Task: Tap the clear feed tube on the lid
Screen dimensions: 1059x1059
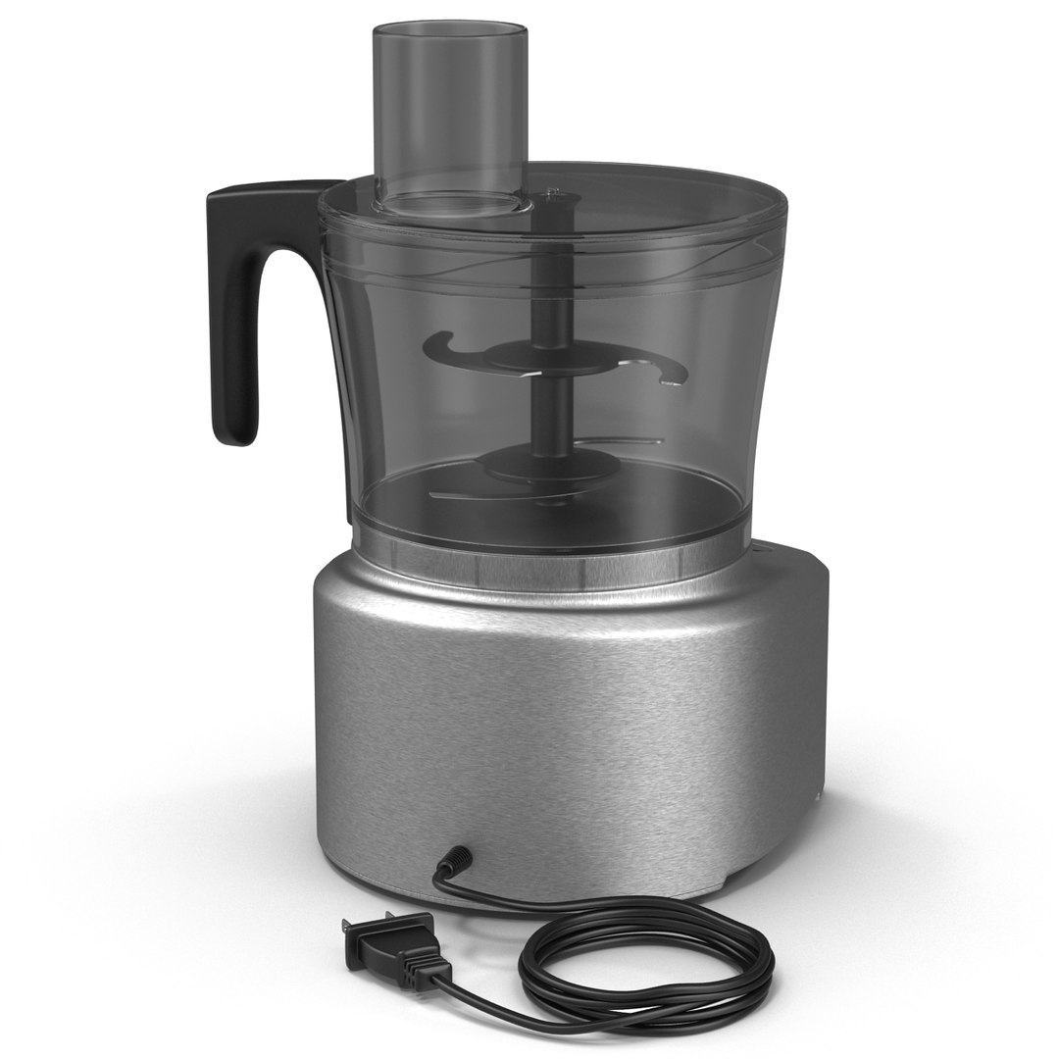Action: pyautogui.click(x=448, y=108)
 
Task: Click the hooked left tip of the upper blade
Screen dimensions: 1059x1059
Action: pyautogui.click(x=437, y=344)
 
